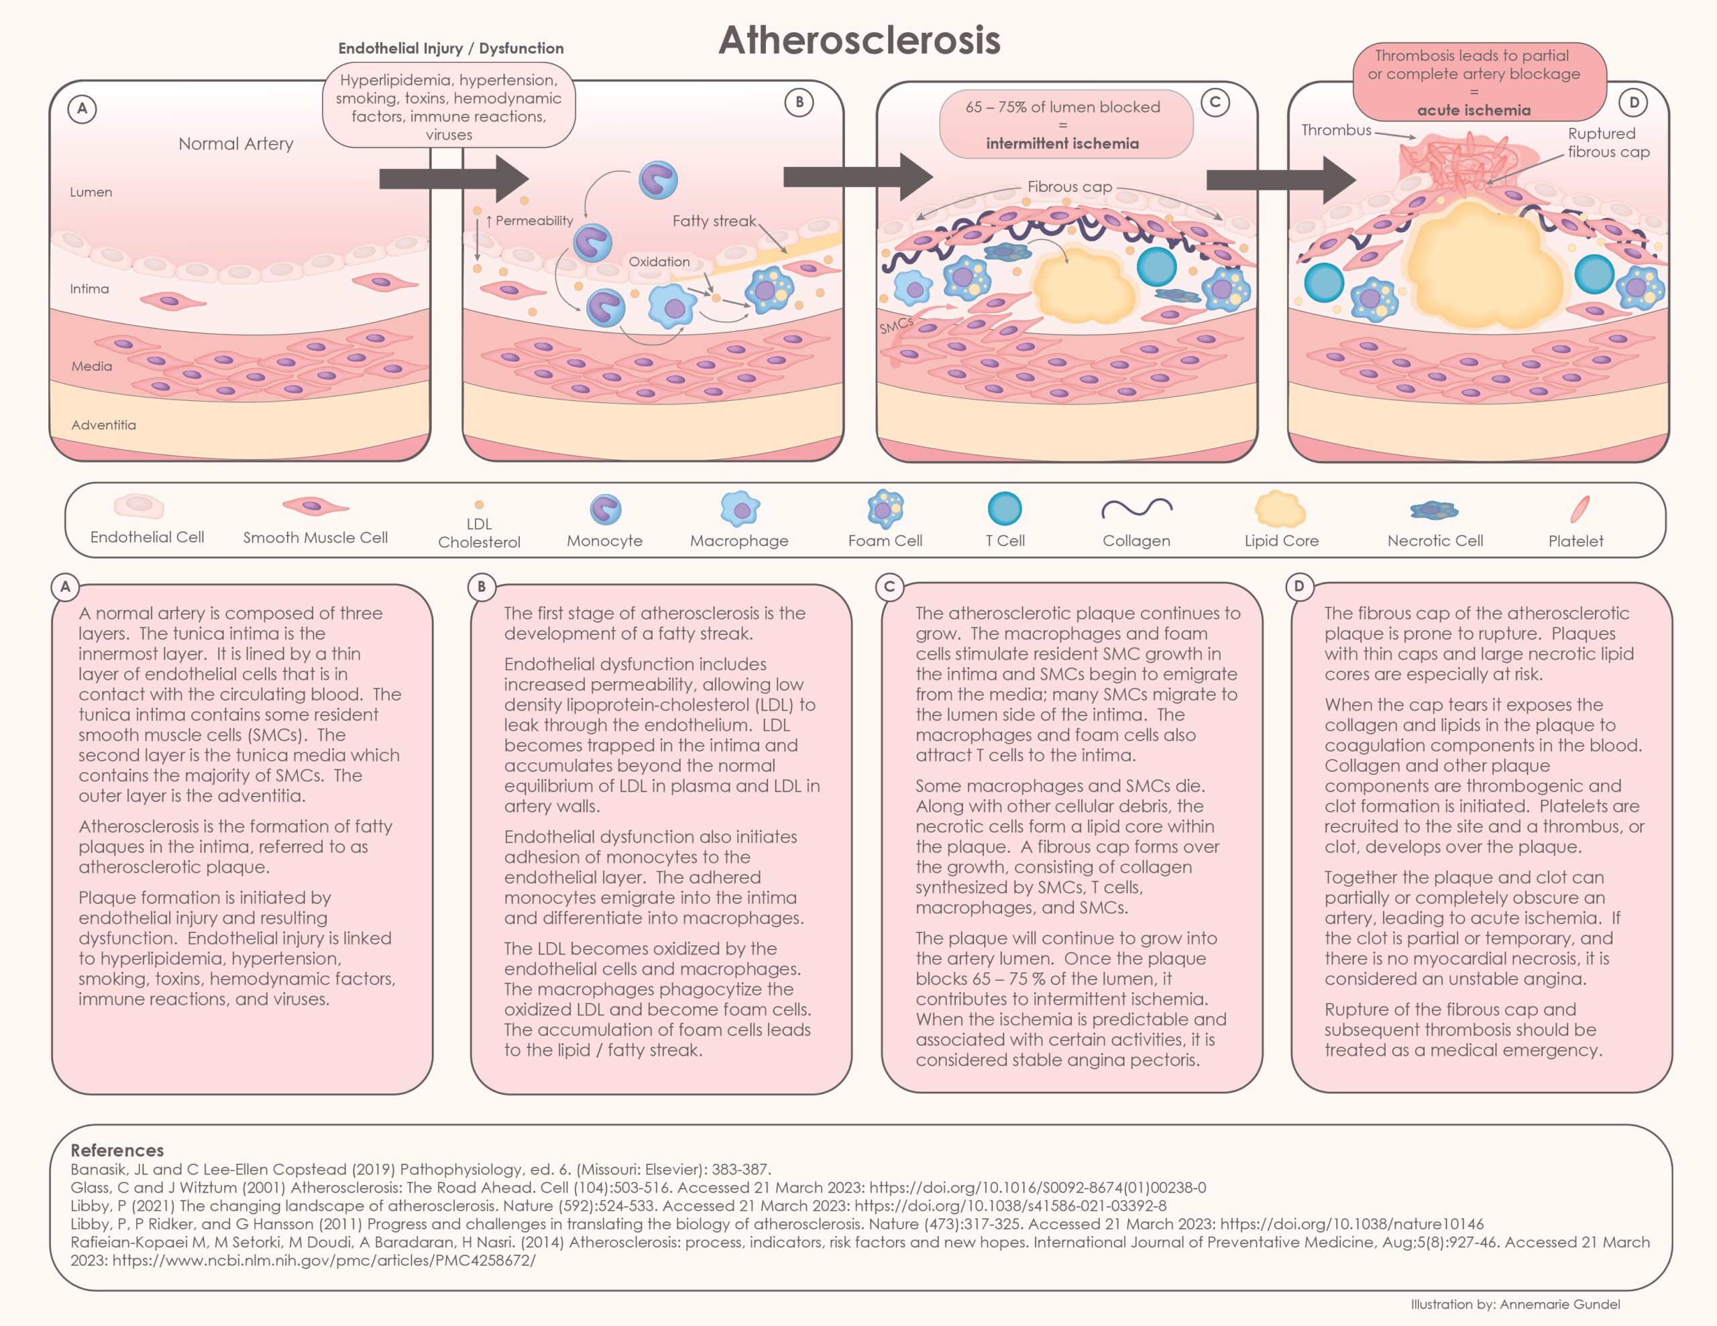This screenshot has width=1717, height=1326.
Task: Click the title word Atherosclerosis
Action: [858, 40]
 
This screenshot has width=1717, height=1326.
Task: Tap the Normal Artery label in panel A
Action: [236, 144]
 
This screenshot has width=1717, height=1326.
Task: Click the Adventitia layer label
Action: [104, 425]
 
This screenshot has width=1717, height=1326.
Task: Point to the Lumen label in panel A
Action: [91, 192]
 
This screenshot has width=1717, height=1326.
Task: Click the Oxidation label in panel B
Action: [659, 261]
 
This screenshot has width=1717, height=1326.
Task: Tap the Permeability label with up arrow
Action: [530, 221]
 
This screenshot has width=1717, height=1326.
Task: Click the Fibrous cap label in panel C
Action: [1069, 187]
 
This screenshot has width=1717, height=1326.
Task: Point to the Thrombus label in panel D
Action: [1336, 131]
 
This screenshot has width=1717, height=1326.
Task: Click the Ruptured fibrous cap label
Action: [1608, 143]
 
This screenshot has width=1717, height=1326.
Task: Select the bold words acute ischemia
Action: [1474, 111]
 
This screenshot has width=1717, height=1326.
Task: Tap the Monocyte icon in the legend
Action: [606, 509]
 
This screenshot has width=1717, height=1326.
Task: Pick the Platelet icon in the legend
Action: [1580, 509]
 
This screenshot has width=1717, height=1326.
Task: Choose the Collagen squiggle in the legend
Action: [1136, 509]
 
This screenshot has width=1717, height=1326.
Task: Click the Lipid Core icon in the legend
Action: [1280, 509]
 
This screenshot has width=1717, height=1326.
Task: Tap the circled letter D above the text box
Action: [1298, 587]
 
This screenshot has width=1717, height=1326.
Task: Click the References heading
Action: [117, 1150]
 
